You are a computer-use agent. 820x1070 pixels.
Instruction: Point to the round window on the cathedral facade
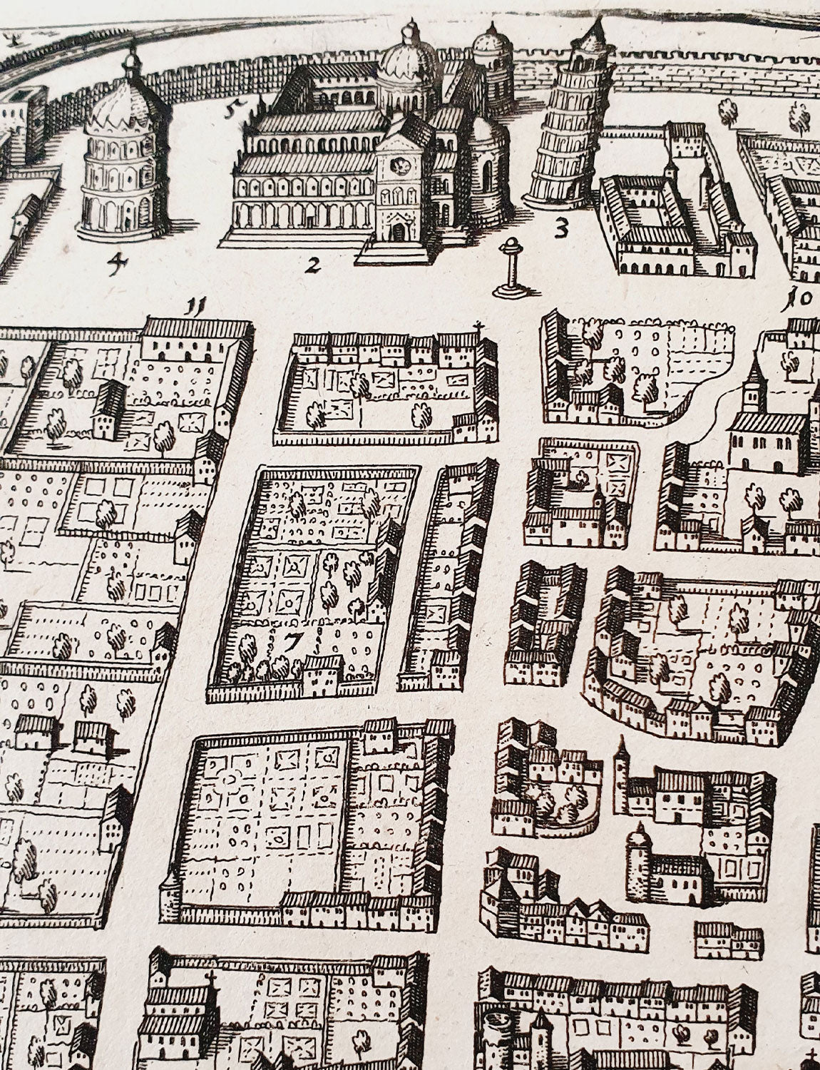tap(401, 166)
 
